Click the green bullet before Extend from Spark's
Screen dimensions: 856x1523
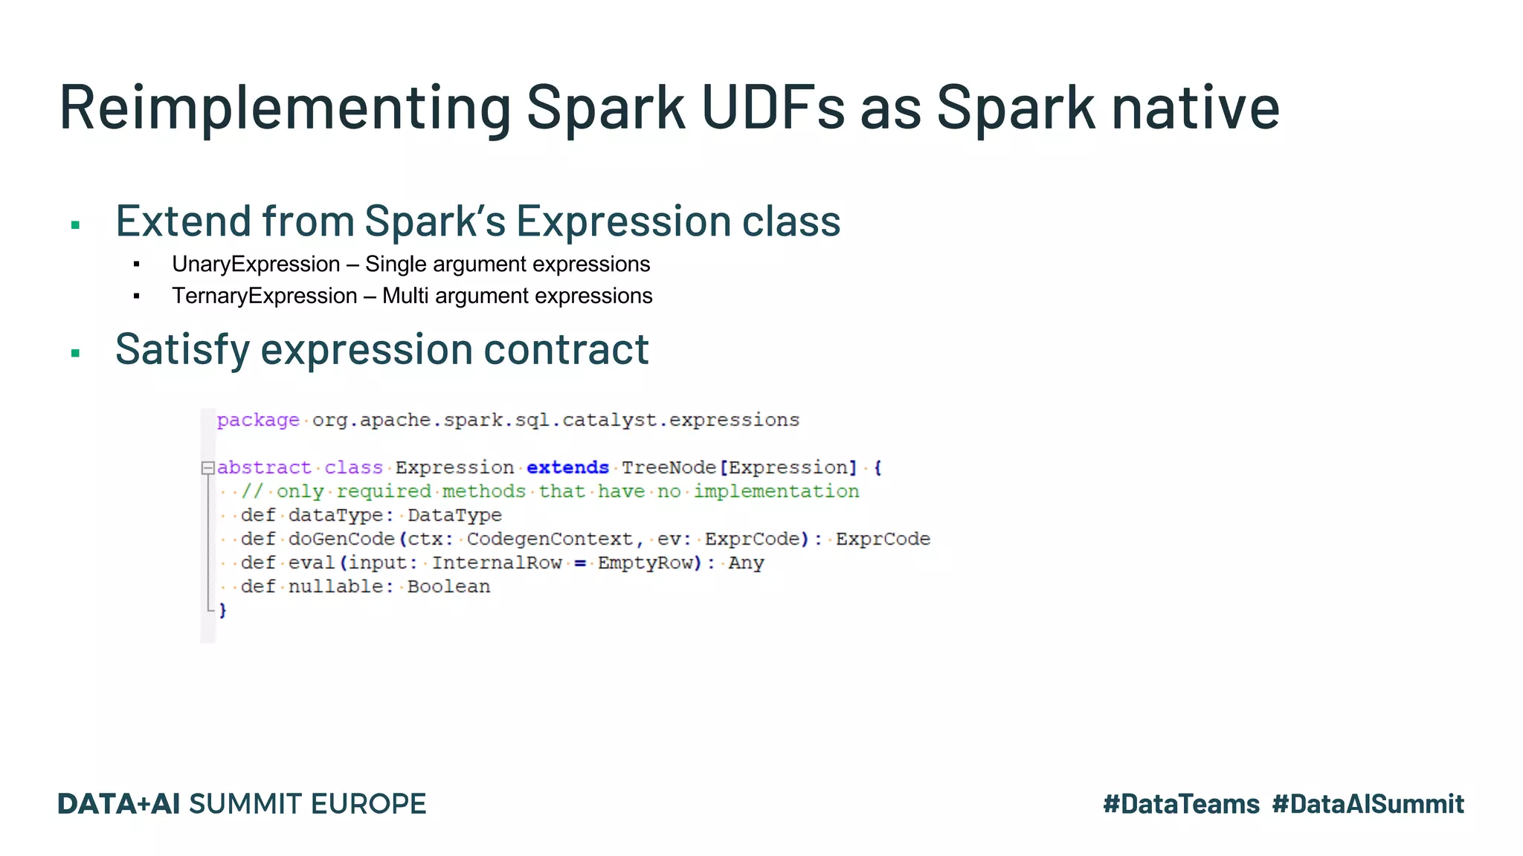pyautogui.click(x=75, y=225)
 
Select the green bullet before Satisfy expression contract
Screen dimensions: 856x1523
pyautogui.click(x=75, y=353)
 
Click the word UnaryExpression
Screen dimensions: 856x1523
pyautogui.click(x=256, y=264)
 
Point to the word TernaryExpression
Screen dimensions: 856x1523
pyautogui.click(x=264, y=296)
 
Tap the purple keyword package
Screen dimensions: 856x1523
pyautogui.click(x=257, y=421)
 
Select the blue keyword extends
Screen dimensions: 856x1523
pyautogui.click(x=567, y=467)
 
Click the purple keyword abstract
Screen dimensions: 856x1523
pyautogui.click(x=263, y=467)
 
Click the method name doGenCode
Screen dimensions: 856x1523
pyautogui.click(x=341, y=539)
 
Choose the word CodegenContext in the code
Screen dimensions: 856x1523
pyautogui.click(x=550, y=539)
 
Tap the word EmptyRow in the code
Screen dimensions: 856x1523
pyautogui.click(x=645, y=562)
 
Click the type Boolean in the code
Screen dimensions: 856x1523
pyautogui.click(x=448, y=586)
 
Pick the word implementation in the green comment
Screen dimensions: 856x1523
pyautogui.click(x=776, y=491)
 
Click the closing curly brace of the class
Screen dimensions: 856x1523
pyautogui.click(x=222, y=610)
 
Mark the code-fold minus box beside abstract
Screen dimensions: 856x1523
pyautogui.click(x=207, y=468)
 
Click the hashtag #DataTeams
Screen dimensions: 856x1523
pyautogui.click(x=1181, y=804)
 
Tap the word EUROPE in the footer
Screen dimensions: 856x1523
pyautogui.click(x=368, y=804)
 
